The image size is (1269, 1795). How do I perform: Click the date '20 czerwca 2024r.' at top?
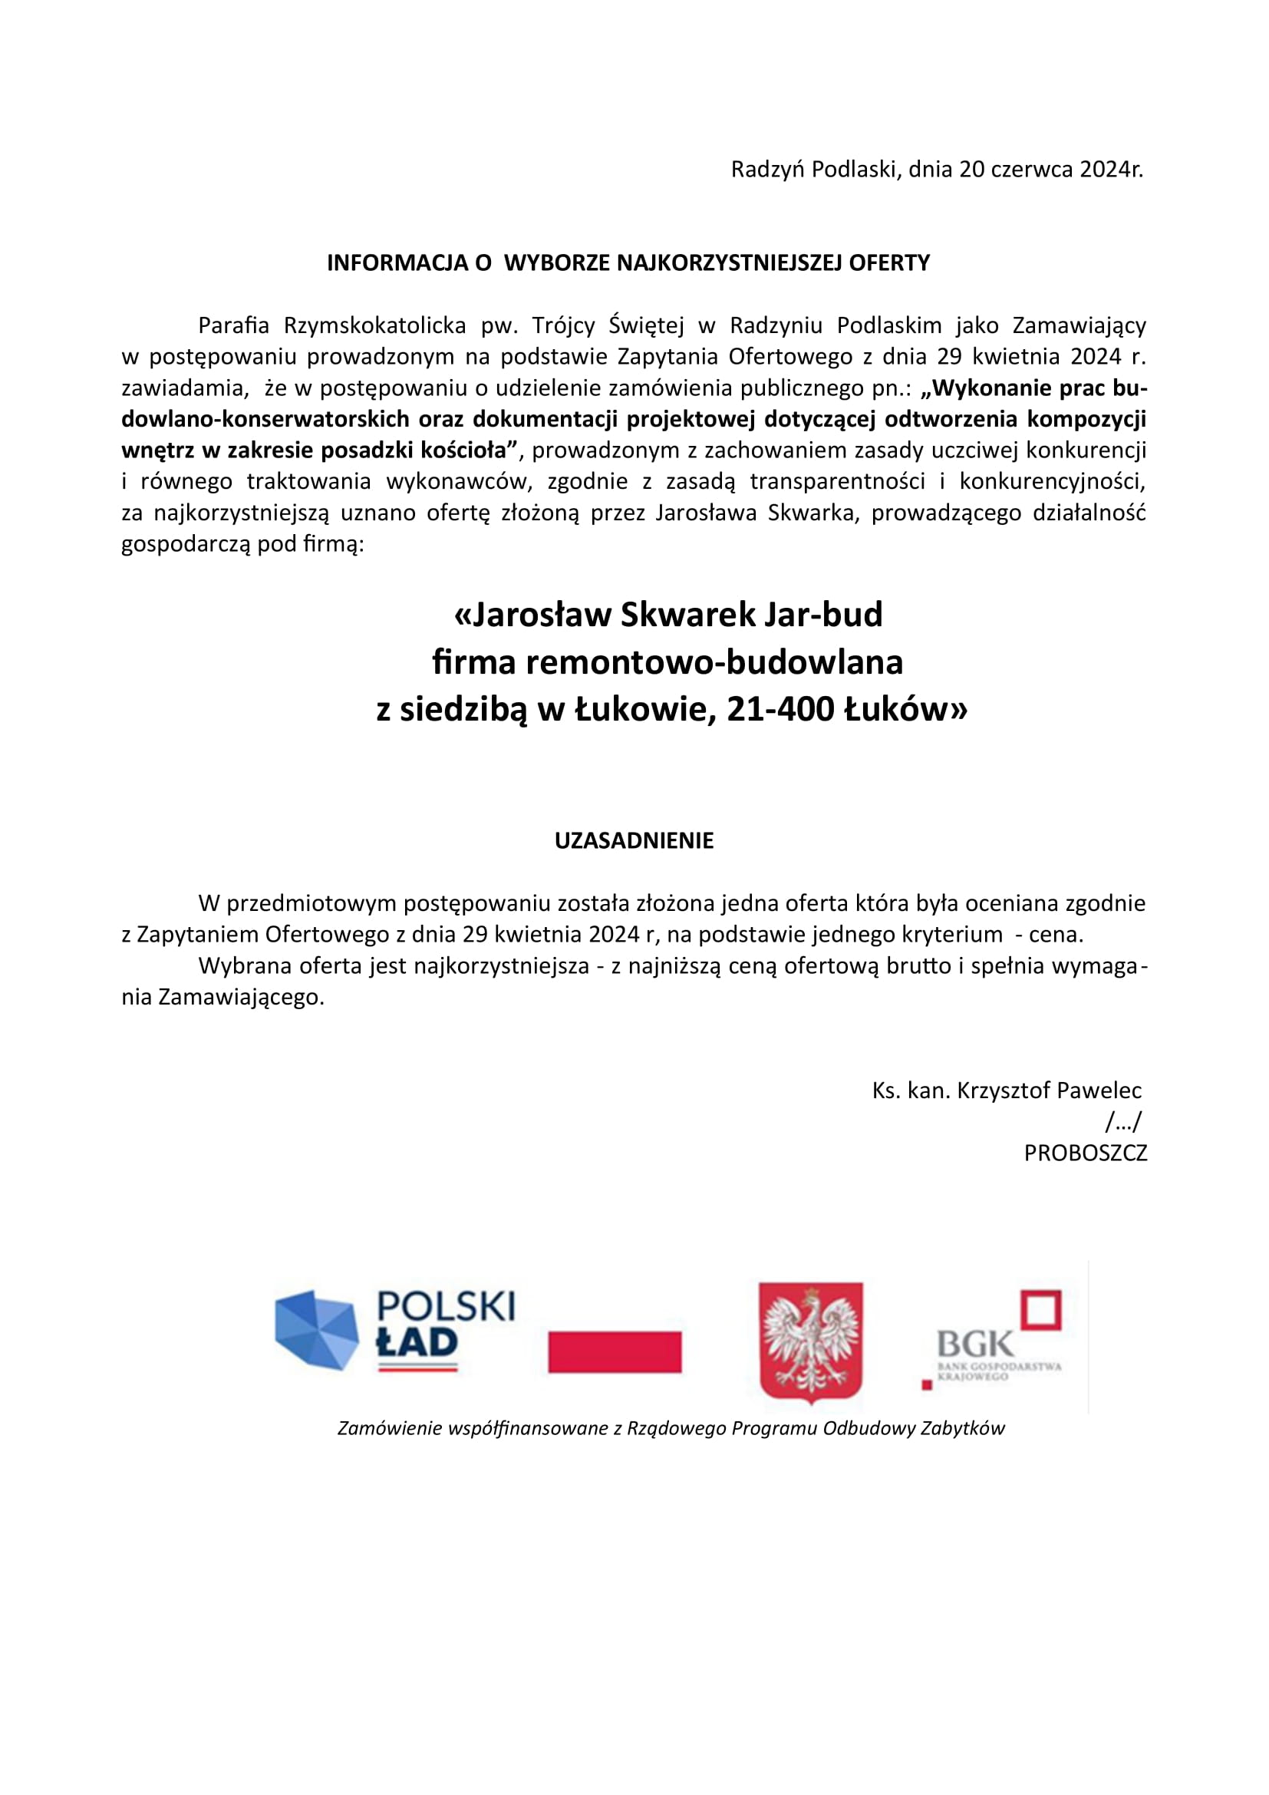(x=1050, y=170)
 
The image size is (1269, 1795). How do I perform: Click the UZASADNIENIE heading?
(x=634, y=841)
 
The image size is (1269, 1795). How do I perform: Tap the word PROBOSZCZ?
(x=1086, y=1153)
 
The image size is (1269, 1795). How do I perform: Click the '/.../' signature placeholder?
(x=1124, y=1123)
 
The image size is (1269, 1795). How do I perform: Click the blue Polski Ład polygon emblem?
(x=316, y=1330)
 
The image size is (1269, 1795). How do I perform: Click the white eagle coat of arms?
(x=810, y=1341)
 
